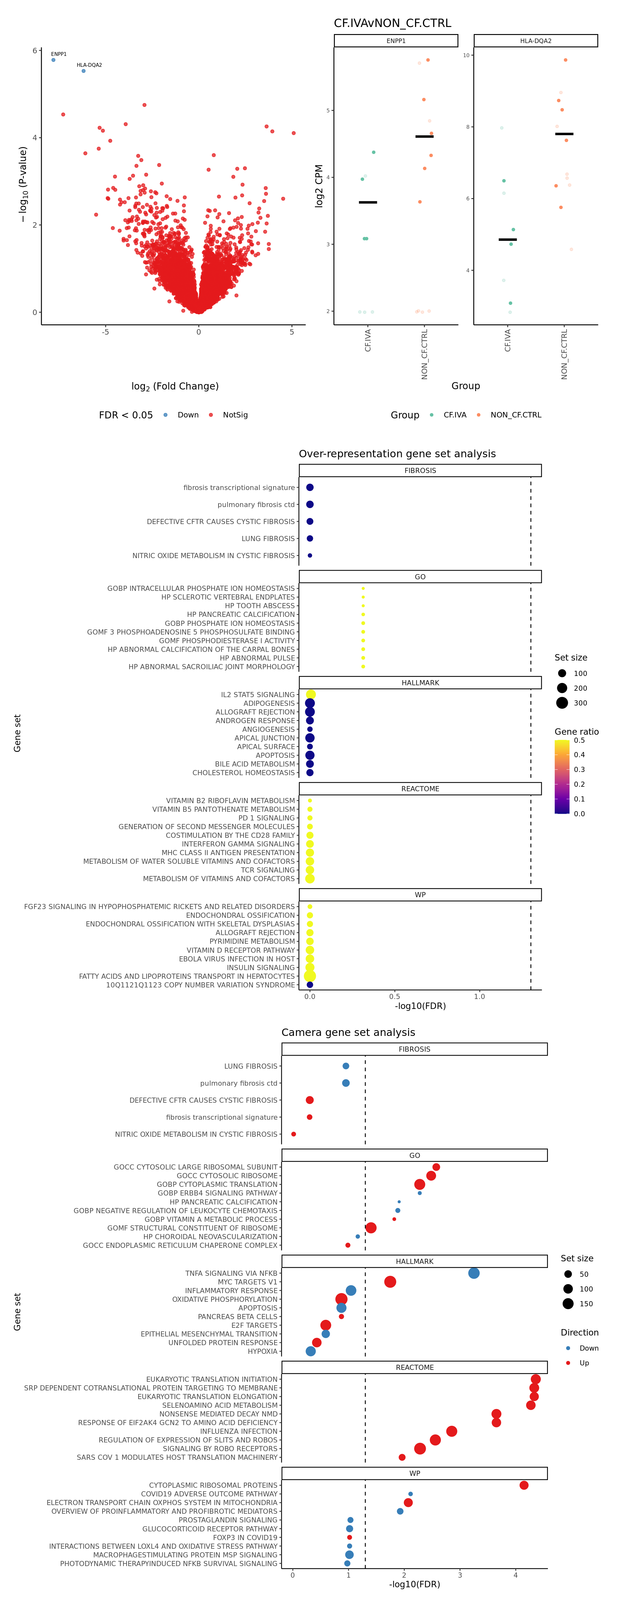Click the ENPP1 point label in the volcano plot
pyautogui.click(x=58, y=54)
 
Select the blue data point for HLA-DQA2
pyautogui.click(x=84, y=71)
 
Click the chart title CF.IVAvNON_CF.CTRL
pyautogui.click(x=392, y=23)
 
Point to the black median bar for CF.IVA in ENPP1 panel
pyautogui.click(x=368, y=202)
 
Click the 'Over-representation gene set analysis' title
pyautogui.click(x=397, y=454)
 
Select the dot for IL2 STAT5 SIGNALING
pyautogui.click(x=311, y=695)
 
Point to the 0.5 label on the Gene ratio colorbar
pyautogui.click(x=579, y=740)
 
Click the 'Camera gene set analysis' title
pyautogui.click(x=348, y=1032)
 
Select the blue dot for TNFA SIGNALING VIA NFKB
pyautogui.click(x=474, y=1273)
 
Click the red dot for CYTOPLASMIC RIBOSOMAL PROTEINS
pyautogui.click(x=523, y=1485)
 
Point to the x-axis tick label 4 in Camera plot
pyautogui.click(x=515, y=1575)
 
